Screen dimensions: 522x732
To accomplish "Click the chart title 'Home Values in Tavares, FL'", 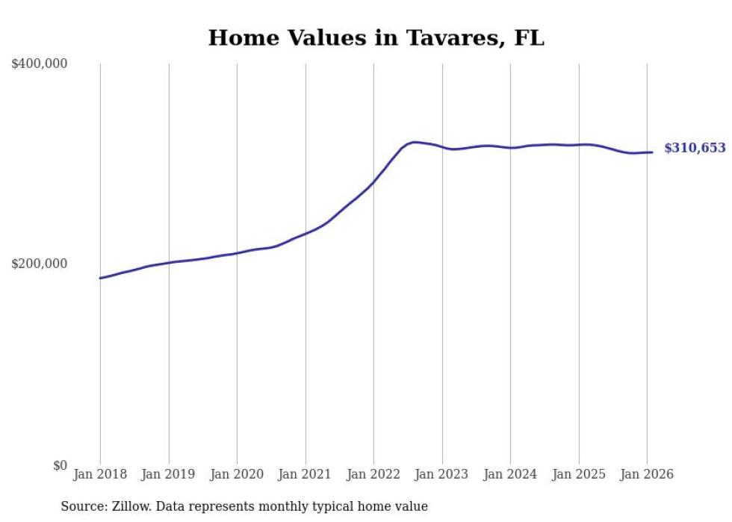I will coord(376,37).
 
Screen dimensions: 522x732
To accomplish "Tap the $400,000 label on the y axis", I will coord(40,64).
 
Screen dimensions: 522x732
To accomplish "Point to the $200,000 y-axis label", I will coord(40,264).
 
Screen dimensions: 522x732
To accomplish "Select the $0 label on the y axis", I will coord(60,465).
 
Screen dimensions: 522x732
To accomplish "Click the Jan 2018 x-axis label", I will coord(100,475).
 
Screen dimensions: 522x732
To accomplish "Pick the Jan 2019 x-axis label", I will coord(169,475).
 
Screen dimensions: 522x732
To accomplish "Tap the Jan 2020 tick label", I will coord(237,475).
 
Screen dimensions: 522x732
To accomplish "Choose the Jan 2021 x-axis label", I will coord(305,475).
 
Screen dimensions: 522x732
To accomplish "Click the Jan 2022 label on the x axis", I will coord(373,475).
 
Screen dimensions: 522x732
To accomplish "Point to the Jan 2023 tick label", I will coord(442,475).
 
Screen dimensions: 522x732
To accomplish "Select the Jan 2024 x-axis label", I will coord(510,475).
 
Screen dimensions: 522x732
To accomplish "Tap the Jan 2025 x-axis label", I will coord(579,475).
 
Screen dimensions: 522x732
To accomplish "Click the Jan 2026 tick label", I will coord(647,475).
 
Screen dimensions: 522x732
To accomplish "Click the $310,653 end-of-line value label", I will coord(695,149).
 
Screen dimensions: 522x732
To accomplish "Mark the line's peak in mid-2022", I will coord(414,142).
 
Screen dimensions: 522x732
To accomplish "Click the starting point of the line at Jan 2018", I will coord(100,278).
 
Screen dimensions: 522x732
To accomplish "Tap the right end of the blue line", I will coord(652,152).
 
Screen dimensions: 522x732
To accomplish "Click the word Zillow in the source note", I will coord(130,506).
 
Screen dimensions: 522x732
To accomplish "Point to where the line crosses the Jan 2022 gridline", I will coord(373,181).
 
